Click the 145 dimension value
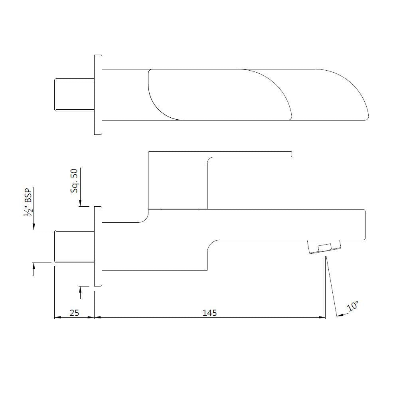pyautogui.click(x=209, y=313)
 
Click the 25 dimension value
pyautogui.click(x=74, y=313)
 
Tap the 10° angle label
pyautogui.click(x=352, y=307)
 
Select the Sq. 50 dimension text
pyautogui.click(x=75, y=180)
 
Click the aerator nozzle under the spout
pyautogui.click(x=324, y=247)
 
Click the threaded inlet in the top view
pyautogui.click(x=74, y=95)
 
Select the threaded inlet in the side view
pyautogui.click(x=74, y=246)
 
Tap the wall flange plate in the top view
pyautogui.click(x=98, y=95)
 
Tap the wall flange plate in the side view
pyautogui.click(x=98, y=246)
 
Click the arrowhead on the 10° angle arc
pyautogui.click(x=340, y=315)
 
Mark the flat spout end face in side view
pyautogui.click(x=365, y=225)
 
